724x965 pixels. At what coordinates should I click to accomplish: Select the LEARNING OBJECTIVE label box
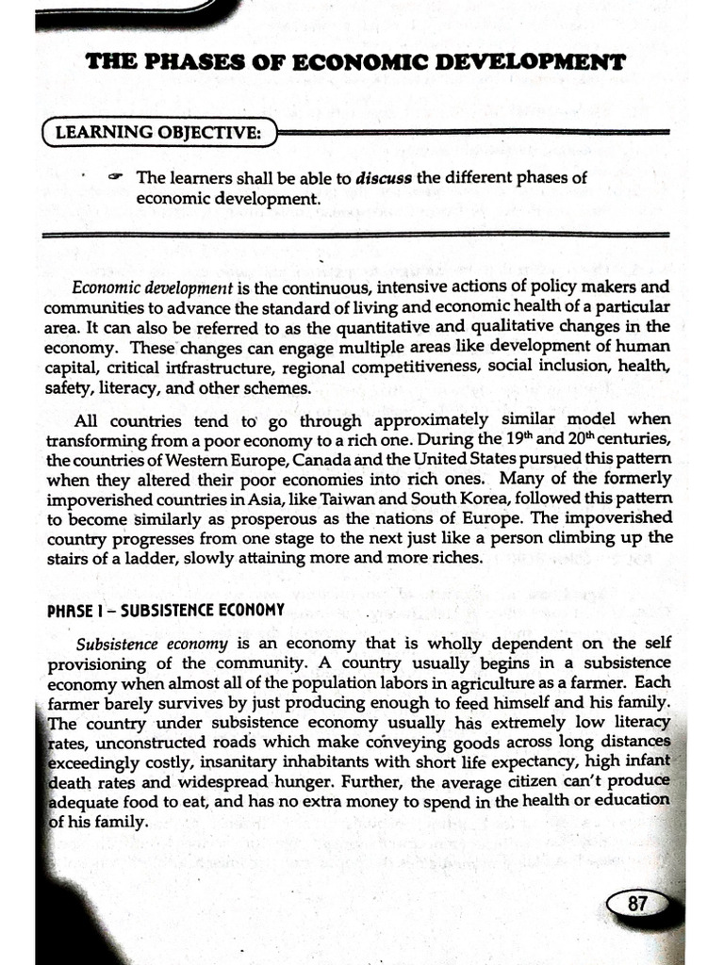(x=158, y=133)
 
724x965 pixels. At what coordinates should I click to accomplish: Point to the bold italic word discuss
(x=385, y=177)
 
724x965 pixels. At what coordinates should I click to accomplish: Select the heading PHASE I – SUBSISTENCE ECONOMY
(x=165, y=610)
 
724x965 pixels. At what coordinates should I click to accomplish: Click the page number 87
(x=637, y=904)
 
